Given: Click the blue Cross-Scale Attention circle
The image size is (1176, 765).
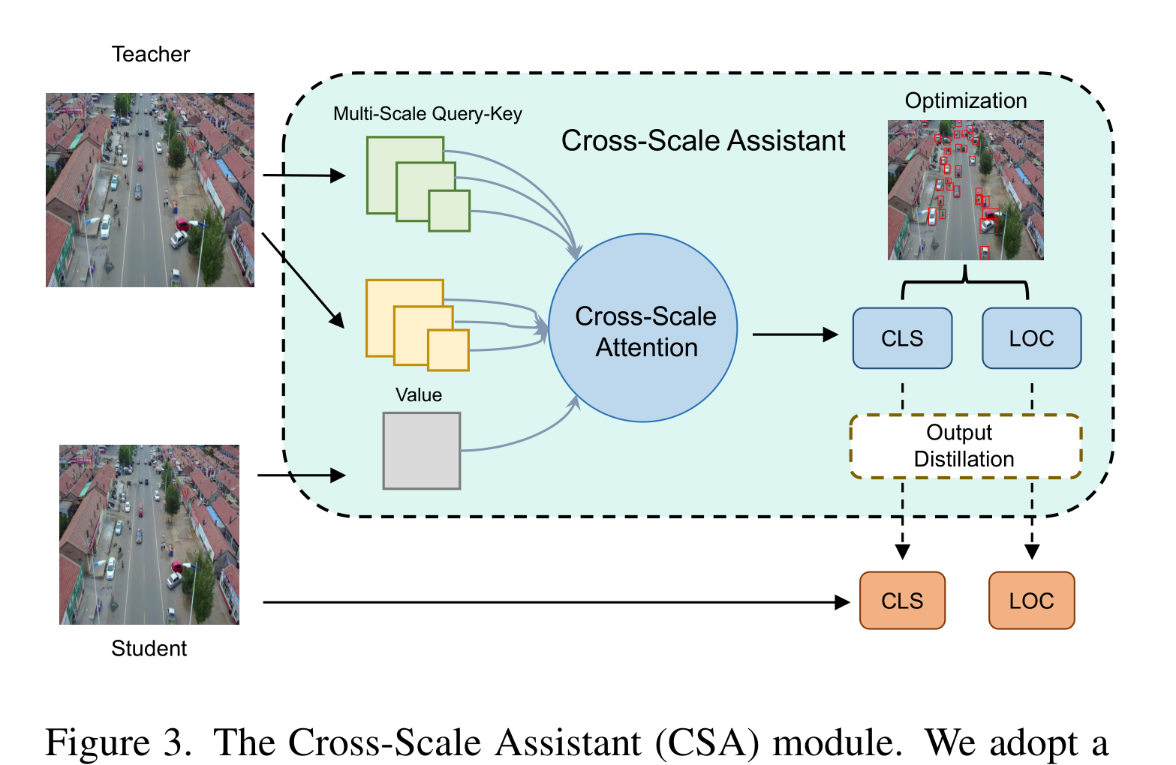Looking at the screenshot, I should click(x=643, y=328).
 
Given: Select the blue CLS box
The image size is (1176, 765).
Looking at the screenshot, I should click(x=902, y=338).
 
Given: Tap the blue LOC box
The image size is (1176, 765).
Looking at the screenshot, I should click(x=1031, y=338).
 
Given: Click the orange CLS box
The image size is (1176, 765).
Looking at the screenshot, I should click(x=902, y=601).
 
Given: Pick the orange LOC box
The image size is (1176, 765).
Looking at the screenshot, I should click(x=1031, y=601).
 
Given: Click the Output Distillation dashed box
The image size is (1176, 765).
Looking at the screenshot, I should click(x=965, y=446).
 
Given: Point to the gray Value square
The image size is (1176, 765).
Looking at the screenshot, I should click(x=421, y=451).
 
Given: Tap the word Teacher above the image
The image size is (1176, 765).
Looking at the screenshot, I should click(x=151, y=54).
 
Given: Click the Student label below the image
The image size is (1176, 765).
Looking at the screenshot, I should click(x=149, y=649).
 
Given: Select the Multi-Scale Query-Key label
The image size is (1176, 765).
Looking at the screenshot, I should click(x=427, y=114).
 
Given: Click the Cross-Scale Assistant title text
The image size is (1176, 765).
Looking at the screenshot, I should click(x=703, y=141).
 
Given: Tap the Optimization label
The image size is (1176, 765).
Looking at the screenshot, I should click(x=965, y=100).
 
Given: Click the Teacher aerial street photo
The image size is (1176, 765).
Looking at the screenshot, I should click(x=150, y=190).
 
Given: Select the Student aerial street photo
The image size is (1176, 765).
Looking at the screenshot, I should click(x=149, y=534).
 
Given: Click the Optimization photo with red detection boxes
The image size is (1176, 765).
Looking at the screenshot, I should click(x=965, y=190).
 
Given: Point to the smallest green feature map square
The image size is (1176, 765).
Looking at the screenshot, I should click(x=450, y=211).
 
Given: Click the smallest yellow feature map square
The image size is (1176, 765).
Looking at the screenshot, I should click(x=449, y=349).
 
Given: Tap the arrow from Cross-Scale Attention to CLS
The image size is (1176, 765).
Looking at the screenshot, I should click(x=795, y=334).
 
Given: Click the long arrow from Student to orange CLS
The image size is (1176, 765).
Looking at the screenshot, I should click(x=555, y=601).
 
